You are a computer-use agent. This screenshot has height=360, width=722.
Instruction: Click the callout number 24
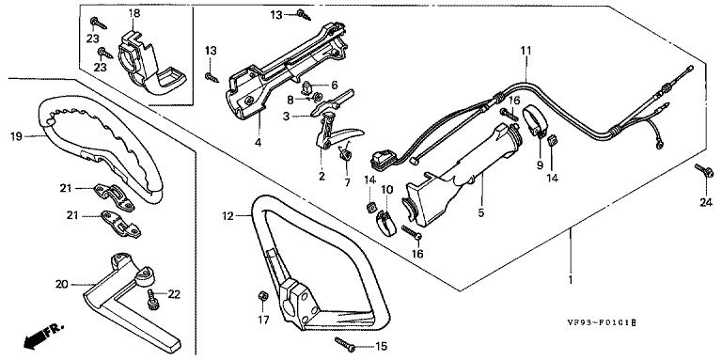click(x=706, y=202)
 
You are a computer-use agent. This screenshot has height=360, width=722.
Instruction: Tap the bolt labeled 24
click(x=704, y=171)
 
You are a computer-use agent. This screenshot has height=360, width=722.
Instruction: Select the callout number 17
click(x=262, y=320)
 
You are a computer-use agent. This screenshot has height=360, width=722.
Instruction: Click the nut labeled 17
click(x=260, y=295)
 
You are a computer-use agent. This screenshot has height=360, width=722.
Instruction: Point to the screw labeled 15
click(x=346, y=344)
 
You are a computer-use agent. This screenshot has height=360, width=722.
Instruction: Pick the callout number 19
click(x=16, y=136)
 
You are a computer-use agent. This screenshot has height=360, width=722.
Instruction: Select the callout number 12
click(x=228, y=215)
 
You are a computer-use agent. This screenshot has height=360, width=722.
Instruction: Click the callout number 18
click(x=134, y=13)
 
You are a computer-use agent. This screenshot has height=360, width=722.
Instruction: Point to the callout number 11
click(x=526, y=51)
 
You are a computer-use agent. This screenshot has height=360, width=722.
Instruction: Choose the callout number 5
click(x=481, y=213)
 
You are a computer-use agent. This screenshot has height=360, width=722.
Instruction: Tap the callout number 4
click(x=258, y=143)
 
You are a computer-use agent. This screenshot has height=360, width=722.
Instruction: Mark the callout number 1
click(x=571, y=279)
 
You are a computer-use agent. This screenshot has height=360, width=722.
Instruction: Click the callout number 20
click(x=62, y=285)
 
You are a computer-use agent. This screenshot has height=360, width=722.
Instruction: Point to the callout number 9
click(x=540, y=164)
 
